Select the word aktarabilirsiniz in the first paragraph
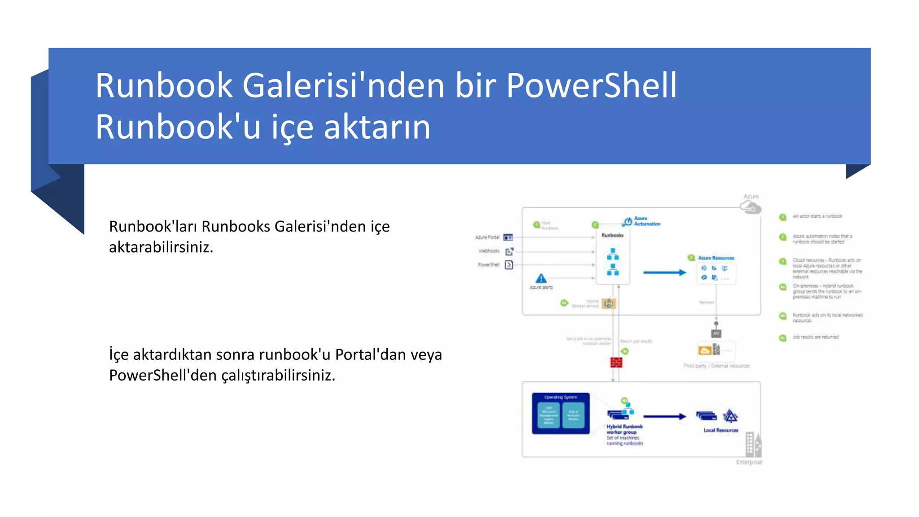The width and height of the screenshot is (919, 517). pyautogui.click(x=161, y=247)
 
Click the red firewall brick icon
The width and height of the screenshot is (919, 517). pyautogui.click(x=616, y=363)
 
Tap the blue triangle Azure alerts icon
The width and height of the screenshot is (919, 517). pyautogui.click(x=541, y=279)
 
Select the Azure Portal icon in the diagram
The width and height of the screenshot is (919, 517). pyautogui.click(x=508, y=237)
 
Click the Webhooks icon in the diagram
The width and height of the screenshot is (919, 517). pyautogui.click(x=509, y=251)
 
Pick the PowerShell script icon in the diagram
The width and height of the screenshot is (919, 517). pyautogui.click(x=509, y=265)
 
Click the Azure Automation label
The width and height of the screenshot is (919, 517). pyautogui.click(x=647, y=221)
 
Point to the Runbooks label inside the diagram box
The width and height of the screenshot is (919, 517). pyautogui.click(x=613, y=235)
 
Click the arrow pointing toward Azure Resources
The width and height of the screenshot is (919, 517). pyautogui.click(x=665, y=272)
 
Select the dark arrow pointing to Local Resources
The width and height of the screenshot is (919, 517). pyautogui.click(x=665, y=416)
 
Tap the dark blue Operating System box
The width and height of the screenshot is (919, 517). pyautogui.click(x=560, y=413)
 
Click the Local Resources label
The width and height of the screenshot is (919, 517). pyautogui.click(x=721, y=430)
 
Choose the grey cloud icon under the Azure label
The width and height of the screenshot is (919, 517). pyautogui.click(x=750, y=207)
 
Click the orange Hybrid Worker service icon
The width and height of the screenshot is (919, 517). pyautogui.click(x=608, y=304)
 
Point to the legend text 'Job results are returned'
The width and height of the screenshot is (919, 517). pyautogui.click(x=815, y=337)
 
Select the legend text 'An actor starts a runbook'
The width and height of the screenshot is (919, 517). pyautogui.click(x=817, y=216)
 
